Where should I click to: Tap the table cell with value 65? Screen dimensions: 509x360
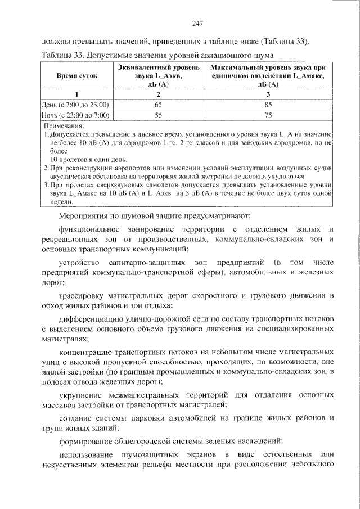[x=158, y=105]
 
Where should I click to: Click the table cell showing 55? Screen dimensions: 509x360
[x=158, y=115]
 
